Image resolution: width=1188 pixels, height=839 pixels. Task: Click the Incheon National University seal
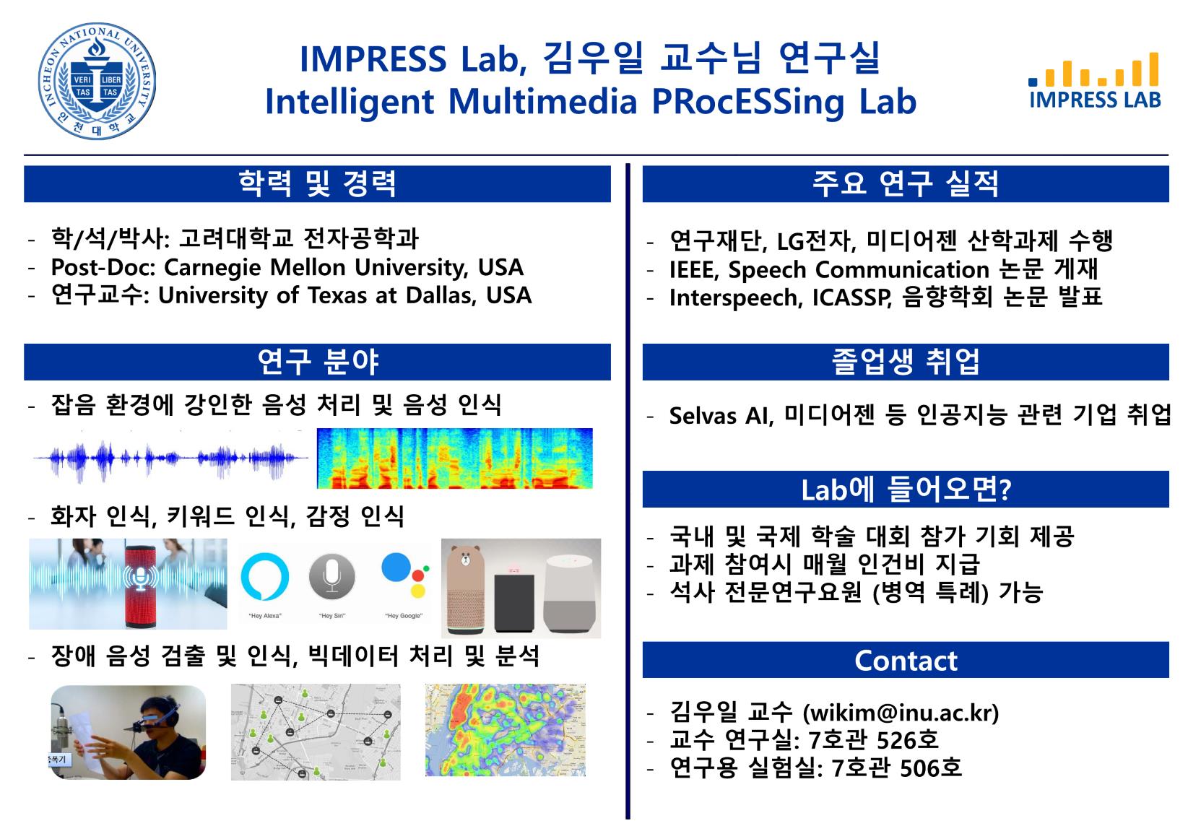(x=97, y=81)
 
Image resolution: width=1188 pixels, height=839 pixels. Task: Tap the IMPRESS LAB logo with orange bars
(x=1095, y=81)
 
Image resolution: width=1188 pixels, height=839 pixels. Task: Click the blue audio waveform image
(x=170, y=457)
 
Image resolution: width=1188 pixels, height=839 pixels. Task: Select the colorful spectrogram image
(x=454, y=458)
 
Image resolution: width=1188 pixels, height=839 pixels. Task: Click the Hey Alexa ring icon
(x=264, y=576)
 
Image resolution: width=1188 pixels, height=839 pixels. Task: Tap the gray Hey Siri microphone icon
(x=332, y=576)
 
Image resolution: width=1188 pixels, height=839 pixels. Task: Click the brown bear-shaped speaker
(x=466, y=590)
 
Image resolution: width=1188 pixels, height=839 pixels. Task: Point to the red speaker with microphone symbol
(x=140, y=583)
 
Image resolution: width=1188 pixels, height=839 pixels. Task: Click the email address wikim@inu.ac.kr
(x=901, y=712)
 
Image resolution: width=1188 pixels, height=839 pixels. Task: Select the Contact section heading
(x=906, y=660)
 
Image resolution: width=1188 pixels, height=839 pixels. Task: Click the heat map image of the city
(x=506, y=730)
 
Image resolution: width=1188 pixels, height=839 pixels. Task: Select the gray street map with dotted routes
(x=316, y=732)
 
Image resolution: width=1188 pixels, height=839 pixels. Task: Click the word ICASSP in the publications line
(x=851, y=297)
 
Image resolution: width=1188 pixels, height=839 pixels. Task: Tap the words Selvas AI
(x=721, y=416)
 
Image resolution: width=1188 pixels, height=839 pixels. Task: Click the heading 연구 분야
(x=318, y=362)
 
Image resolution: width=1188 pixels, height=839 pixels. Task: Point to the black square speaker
(x=514, y=602)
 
